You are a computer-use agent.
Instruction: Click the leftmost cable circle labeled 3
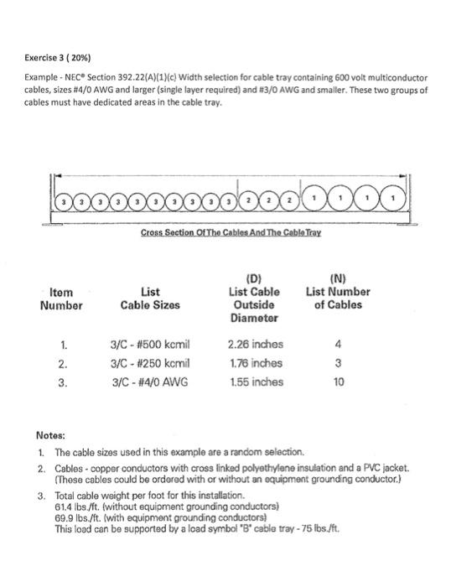tap(62, 204)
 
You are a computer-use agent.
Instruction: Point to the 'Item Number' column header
tap(62, 299)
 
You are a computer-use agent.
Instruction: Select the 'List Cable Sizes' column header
tap(150, 299)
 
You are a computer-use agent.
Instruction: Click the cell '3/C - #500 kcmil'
tap(150, 344)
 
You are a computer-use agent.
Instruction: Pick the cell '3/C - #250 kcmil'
tap(150, 363)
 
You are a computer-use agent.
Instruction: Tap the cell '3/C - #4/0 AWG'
tap(150, 382)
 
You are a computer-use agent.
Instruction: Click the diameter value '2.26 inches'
tap(255, 344)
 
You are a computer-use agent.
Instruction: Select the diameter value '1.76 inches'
tap(255, 363)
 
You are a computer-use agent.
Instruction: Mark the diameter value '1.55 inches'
tap(255, 382)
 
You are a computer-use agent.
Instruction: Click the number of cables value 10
tap(338, 382)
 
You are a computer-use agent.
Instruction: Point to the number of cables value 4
tap(338, 344)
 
